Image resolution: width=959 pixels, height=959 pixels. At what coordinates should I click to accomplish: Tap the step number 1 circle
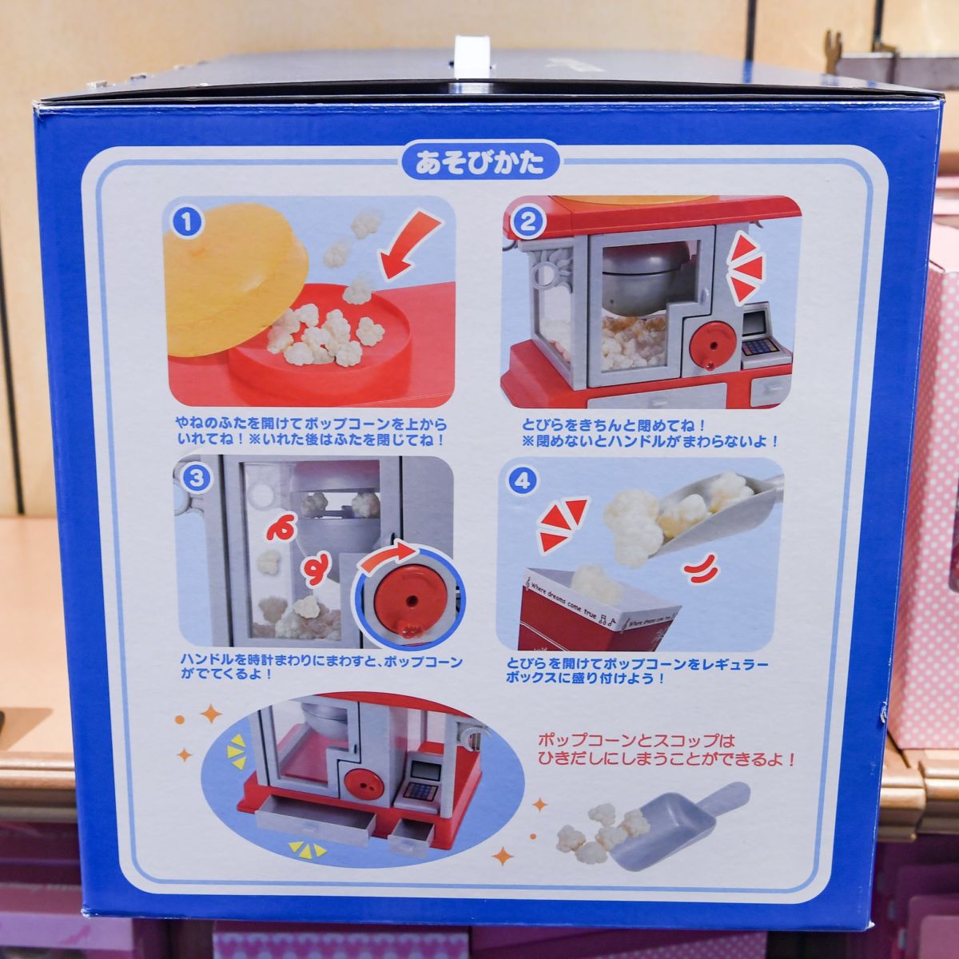187,222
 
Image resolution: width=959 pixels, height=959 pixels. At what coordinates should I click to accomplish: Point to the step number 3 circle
197,478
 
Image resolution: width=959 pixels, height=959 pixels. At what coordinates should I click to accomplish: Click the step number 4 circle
522,480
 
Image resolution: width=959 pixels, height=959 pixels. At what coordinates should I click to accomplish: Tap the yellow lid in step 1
234,279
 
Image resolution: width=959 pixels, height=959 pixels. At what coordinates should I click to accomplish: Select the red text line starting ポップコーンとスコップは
636,741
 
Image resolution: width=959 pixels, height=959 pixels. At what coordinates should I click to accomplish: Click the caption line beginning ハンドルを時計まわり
321,662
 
